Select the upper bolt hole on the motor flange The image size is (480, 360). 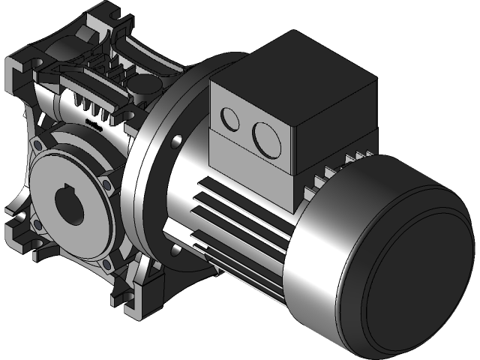(x=178, y=139)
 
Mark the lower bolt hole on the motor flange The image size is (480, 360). (x=174, y=247)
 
